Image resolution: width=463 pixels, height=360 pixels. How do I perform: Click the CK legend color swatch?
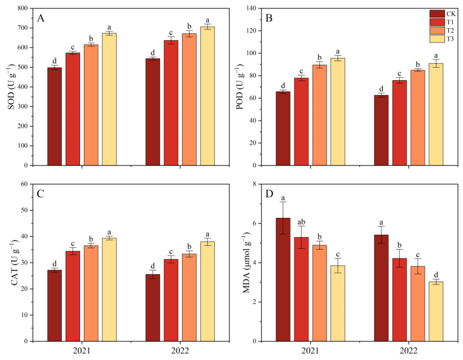pos(437,14)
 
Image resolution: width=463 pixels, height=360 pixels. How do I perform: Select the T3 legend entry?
pos(450,39)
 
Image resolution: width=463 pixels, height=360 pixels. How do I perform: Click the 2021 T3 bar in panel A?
pos(109,99)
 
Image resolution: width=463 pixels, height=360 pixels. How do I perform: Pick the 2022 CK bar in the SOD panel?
pos(153,112)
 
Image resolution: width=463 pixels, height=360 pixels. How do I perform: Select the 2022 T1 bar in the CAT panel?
pos(171,300)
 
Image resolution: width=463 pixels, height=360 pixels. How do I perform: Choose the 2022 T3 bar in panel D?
pos(436,311)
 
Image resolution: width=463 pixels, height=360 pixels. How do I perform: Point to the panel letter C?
pos(41,194)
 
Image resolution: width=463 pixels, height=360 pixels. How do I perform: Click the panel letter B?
pos(269,18)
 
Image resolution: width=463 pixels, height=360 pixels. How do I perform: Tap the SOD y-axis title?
pos(12,87)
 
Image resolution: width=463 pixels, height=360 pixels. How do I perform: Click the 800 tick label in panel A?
pos(22,8)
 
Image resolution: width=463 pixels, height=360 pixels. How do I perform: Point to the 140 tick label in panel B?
pos(251,8)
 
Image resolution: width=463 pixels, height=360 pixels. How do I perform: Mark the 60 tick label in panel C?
pos(24,184)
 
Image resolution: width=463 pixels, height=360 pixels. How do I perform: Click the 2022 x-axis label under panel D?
pos(408,351)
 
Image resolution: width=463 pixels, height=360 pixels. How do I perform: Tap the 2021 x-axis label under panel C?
pos(82,351)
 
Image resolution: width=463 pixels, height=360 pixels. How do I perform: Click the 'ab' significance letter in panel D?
pos(301,222)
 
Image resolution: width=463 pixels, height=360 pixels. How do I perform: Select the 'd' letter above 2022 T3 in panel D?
pos(436,275)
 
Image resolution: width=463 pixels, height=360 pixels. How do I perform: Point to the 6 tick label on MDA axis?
pos(254,223)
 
